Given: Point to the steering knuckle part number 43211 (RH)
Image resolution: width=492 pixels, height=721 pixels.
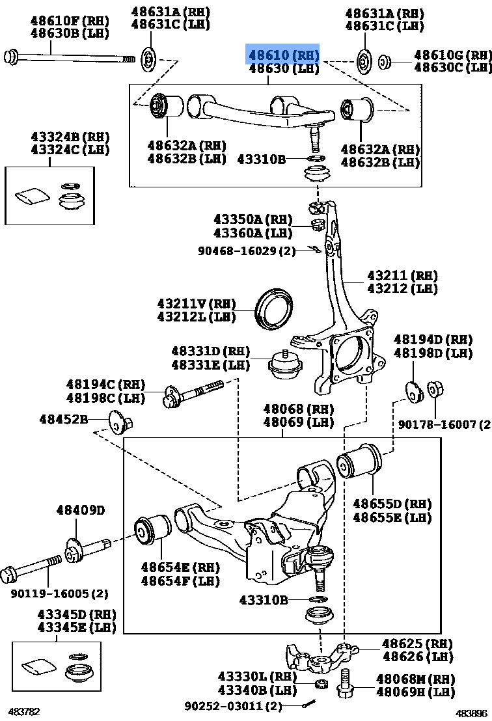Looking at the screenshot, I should (x=402, y=276).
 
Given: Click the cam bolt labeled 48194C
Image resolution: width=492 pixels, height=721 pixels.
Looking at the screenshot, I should (x=191, y=394).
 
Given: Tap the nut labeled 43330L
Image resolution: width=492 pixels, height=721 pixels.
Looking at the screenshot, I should (x=320, y=683).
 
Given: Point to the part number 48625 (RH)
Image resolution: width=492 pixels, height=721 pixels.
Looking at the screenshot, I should (x=417, y=644).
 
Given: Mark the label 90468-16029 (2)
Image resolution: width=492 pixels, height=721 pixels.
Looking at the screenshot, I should (x=247, y=249).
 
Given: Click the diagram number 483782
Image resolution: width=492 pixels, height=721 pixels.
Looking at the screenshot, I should (x=23, y=712).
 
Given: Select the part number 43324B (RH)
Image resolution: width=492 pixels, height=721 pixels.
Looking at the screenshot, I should (x=70, y=137).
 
